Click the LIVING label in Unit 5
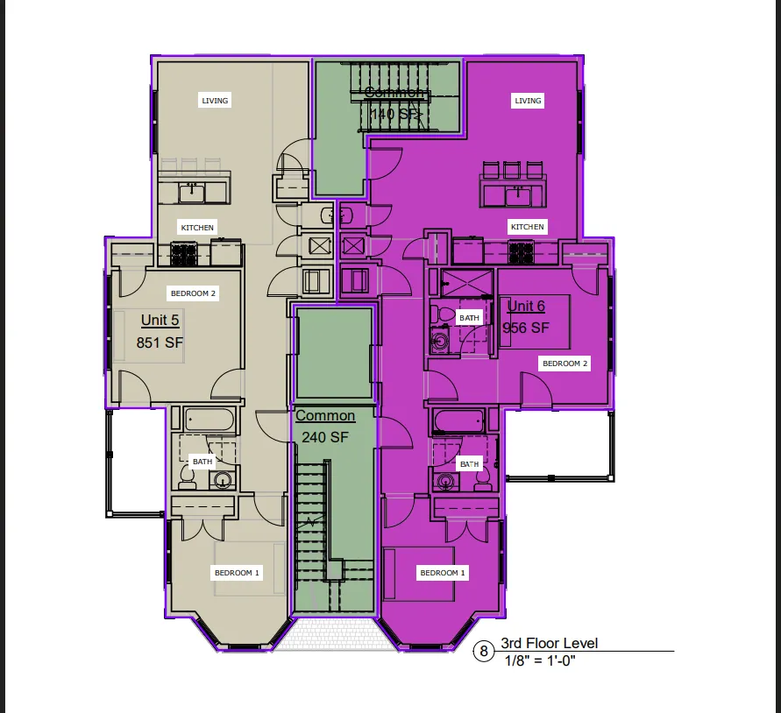215,101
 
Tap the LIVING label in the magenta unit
528,101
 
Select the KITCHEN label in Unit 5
197,228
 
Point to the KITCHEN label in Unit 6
528,227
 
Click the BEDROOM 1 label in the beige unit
237,573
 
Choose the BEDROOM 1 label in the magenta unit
443,573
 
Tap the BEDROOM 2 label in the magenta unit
565,364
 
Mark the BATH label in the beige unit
202,462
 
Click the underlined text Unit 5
160,321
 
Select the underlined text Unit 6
526,306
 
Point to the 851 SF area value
160,343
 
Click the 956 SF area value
525,328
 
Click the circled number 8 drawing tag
483,652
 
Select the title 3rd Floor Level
549,644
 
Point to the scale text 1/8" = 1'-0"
540,660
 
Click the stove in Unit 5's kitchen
183,254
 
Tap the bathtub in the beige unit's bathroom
210,420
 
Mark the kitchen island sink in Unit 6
519,190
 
